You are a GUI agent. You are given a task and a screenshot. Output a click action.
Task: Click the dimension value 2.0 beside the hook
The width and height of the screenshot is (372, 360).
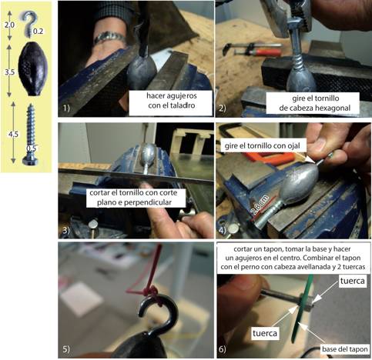tap(9, 25)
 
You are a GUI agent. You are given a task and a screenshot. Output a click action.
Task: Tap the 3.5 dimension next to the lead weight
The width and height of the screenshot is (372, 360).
tap(10, 72)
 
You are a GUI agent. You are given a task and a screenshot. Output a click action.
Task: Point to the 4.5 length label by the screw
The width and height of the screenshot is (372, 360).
tap(13, 134)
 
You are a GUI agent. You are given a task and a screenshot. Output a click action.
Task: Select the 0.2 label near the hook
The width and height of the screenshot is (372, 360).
tap(38, 32)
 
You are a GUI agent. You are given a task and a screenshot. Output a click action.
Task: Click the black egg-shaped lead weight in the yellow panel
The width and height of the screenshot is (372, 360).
tap(33, 68)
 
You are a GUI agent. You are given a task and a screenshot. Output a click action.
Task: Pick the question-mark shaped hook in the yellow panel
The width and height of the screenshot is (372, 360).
tap(29, 23)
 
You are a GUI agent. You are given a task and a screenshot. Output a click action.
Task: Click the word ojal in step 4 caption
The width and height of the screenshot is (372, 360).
tap(293, 145)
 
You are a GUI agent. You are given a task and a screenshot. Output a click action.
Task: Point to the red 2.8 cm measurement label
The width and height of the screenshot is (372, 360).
tap(260, 205)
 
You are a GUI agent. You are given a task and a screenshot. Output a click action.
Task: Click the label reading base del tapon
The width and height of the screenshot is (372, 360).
tap(344, 349)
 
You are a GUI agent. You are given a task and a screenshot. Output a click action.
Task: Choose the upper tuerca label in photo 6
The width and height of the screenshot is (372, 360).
tap(353, 281)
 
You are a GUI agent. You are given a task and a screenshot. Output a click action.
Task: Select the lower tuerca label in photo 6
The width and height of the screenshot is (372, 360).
tap(265, 333)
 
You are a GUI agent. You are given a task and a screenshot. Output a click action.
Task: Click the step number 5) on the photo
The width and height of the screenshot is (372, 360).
tap(66, 349)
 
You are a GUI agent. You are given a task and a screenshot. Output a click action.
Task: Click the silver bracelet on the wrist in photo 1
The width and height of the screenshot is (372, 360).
tap(110, 38)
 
